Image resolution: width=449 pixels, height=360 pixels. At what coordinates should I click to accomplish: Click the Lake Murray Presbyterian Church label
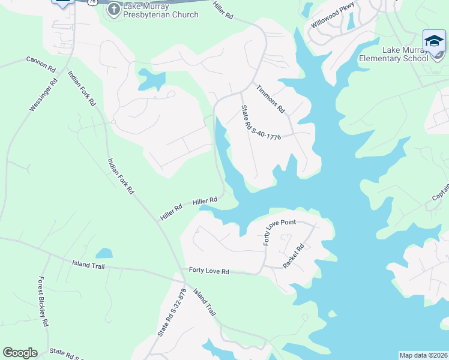pyautogui.click(x=160, y=10)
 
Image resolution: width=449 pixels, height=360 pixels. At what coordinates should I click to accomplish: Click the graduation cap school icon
pyautogui.click(x=434, y=41)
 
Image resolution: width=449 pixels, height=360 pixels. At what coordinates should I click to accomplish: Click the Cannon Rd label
pyautogui.click(x=40, y=61)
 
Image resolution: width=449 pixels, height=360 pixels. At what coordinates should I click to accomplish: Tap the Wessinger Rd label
pyautogui.click(x=43, y=95)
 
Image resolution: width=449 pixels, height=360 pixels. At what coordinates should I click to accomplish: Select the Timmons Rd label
pyautogui.click(x=270, y=99)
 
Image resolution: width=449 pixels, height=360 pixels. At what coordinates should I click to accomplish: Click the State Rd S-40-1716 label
pyautogui.click(x=261, y=123)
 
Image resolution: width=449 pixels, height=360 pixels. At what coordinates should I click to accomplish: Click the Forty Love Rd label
pyautogui.click(x=209, y=271)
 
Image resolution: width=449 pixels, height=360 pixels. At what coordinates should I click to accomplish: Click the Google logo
pyautogui.click(x=20, y=353)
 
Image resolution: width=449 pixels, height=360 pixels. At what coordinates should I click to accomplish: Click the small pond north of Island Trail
pyautogui.click(x=104, y=253)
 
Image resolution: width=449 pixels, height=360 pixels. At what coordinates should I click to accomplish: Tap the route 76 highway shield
pyautogui.click(x=92, y=2)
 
